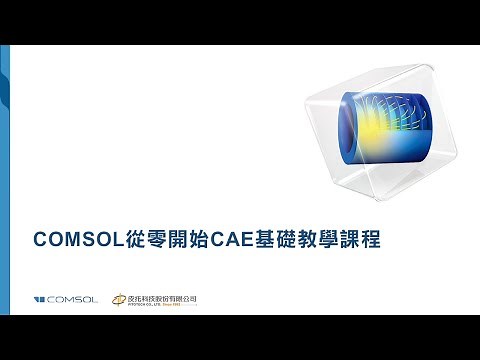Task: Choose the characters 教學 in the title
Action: [334, 241]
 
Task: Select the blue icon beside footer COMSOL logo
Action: [39, 299]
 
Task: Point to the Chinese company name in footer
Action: [163, 296]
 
